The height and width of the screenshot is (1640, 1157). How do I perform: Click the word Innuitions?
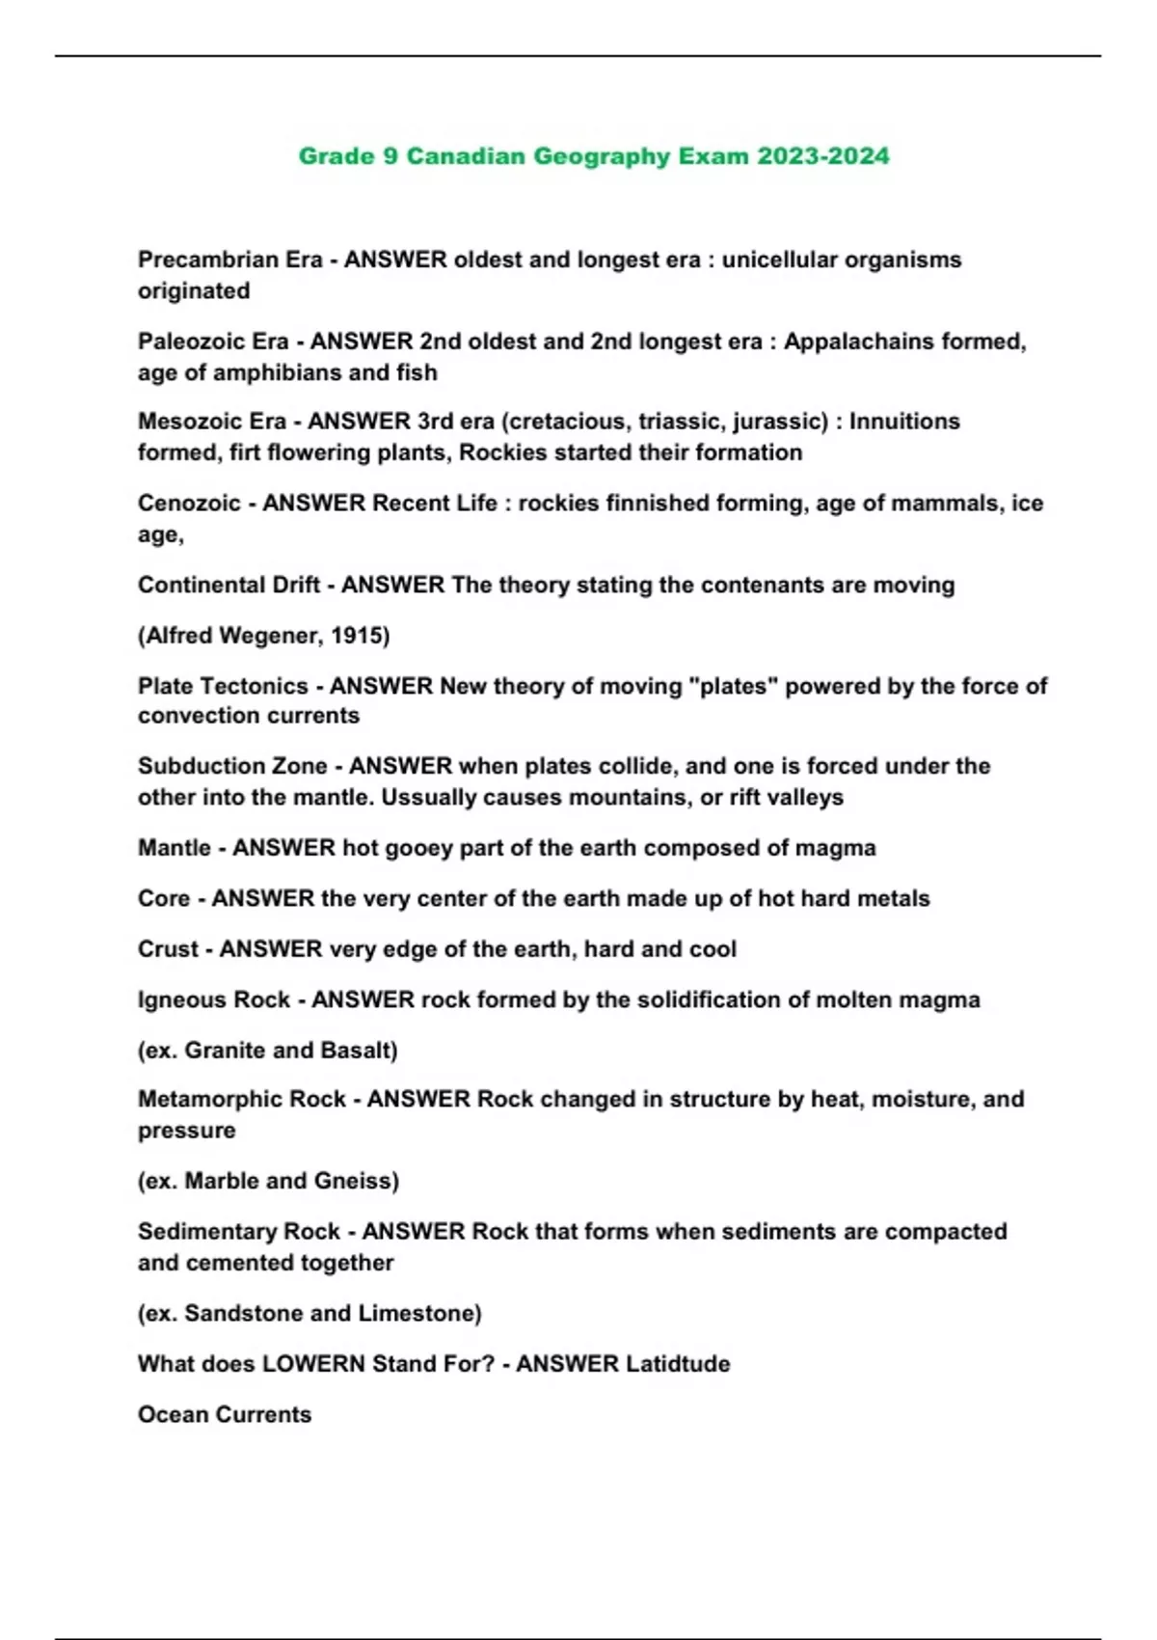pos(904,422)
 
